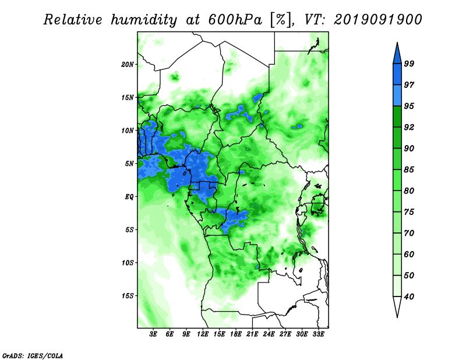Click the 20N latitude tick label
(x=128, y=64)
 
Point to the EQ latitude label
(x=129, y=196)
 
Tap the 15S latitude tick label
(x=128, y=296)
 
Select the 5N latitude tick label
(x=129, y=164)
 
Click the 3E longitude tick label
(x=153, y=334)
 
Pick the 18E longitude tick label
(x=236, y=334)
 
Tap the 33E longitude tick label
(x=318, y=334)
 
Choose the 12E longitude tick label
(x=203, y=334)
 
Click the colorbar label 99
(x=409, y=63)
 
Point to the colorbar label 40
(x=409, y=297)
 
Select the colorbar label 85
(x=409, y=170)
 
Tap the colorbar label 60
(x=409, y=254)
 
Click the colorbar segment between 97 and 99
(x=397, y=75)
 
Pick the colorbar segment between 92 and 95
(x=397, y=117)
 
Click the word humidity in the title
(x=144, y=20)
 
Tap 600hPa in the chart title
(x=235, y=20)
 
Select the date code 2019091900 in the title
(x=377, y=20)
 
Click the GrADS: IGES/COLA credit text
(x=33, y=355)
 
